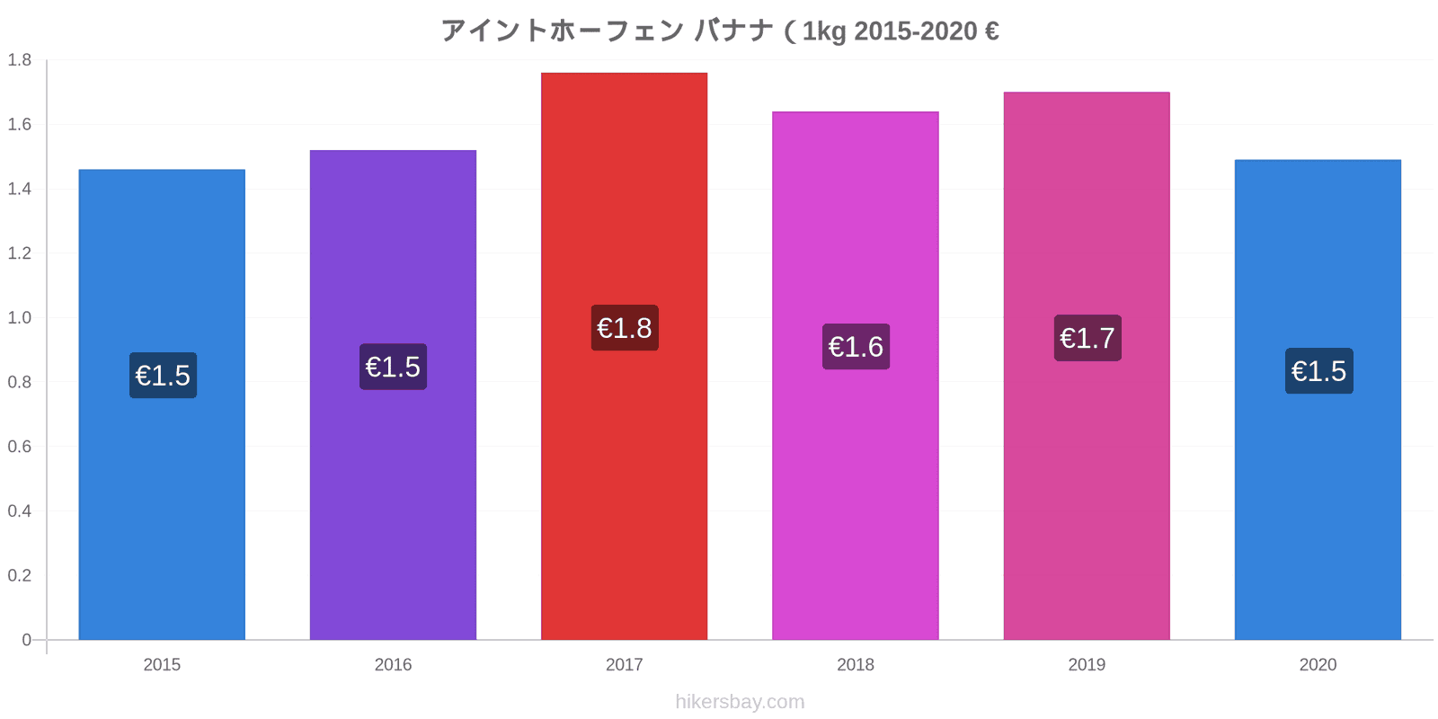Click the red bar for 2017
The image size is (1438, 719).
624,356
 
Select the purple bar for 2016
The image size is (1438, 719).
393,395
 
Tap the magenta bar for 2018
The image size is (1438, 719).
855,376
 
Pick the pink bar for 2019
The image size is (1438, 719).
1087,366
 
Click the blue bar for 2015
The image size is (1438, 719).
162,404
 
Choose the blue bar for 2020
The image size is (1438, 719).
1318,400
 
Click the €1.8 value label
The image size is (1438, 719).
625,328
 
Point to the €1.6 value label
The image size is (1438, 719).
856,347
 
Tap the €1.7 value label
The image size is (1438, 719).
1087,338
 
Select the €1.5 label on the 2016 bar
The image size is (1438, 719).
393,367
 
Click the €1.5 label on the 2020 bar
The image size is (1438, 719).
1318,371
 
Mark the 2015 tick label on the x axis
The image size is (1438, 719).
162,664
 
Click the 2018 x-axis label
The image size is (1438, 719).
855,664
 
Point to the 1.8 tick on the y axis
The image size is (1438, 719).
19,59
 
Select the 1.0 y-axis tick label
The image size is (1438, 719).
19,318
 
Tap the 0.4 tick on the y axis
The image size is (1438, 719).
19,511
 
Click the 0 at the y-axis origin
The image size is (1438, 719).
26,639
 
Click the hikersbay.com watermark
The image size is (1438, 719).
740,702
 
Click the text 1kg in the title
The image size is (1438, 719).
824,31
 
